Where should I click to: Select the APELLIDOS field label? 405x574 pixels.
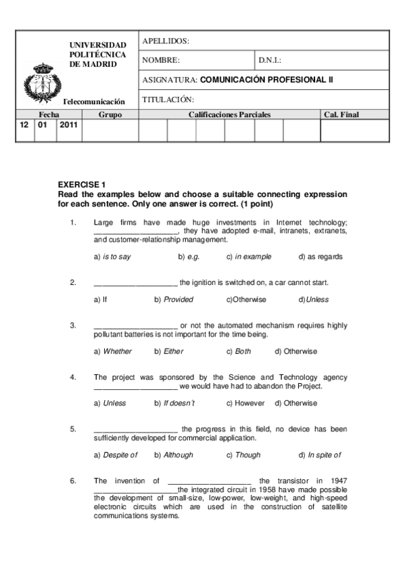click(166, 41)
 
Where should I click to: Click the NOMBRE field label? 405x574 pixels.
click(161, 60)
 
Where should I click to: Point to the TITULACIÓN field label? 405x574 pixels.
click(168, 99)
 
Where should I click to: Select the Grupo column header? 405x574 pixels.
click(110, 115)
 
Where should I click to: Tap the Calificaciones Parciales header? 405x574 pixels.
click(229, 115)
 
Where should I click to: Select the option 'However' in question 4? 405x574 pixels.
click(245, 403)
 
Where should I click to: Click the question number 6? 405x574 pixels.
click(73, 481)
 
